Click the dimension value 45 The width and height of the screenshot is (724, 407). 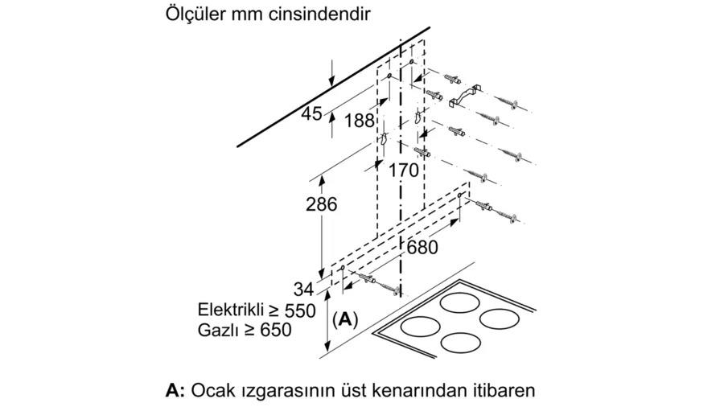pos(311,113)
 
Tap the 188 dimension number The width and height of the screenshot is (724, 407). pos(360,121)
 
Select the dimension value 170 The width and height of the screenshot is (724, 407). pos(403,170)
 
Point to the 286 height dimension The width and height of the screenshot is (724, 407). pos(322,204)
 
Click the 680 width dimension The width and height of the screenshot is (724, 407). pos(422,248)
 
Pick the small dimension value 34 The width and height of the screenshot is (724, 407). pos(303,290)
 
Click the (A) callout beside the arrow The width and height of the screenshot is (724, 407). pos(345,319)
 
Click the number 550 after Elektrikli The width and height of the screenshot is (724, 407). pos(300,310)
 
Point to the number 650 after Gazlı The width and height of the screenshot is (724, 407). pos(276,330)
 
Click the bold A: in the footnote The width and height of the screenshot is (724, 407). pos(175,391)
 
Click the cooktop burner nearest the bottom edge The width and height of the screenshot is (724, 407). pos(461,343)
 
